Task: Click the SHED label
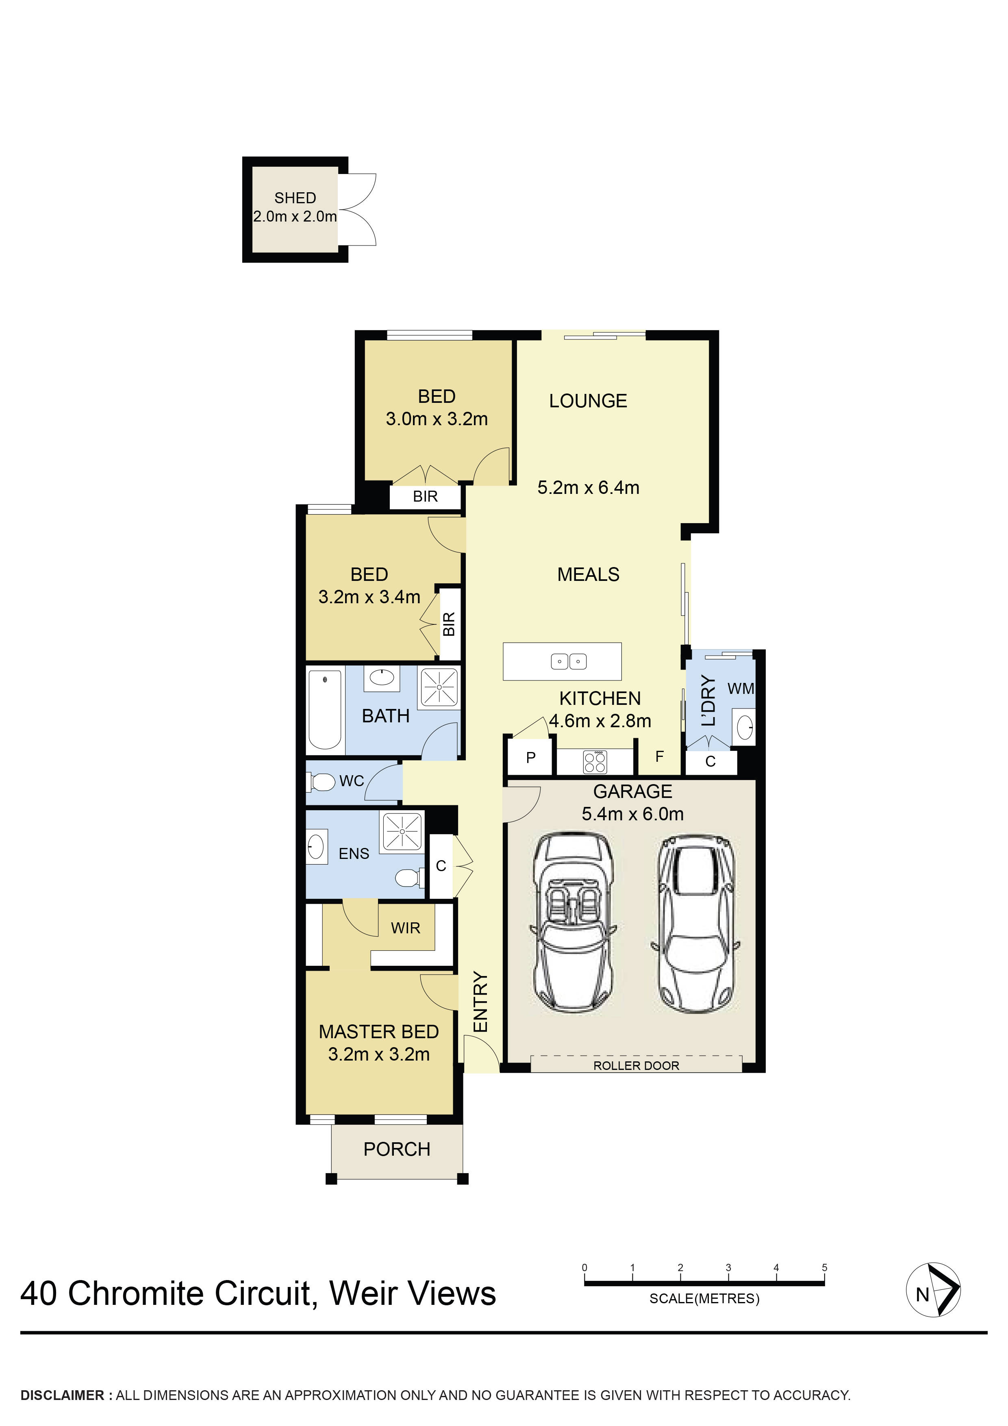pos(295,198)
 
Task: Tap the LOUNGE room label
pos(588,401)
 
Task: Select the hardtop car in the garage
pos(695,923)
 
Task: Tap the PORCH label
pos(396,1150)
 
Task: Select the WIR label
pos(406,928)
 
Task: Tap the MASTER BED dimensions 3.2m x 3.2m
pos(379,1054)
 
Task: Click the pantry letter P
pos(530,758)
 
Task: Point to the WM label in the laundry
pos(740,689)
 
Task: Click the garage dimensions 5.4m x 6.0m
pos(632,814)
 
